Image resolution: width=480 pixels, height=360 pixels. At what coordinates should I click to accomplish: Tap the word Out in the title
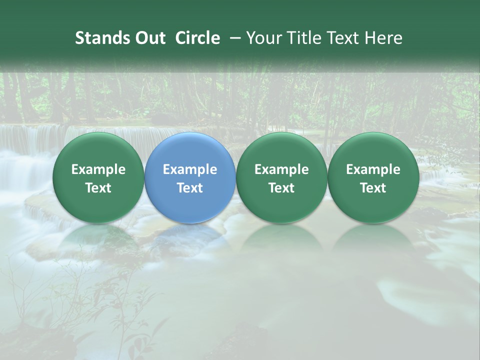point(148,38)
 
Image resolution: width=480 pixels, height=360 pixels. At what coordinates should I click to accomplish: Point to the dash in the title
point(233,38)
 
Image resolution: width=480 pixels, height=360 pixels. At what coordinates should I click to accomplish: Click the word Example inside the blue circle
point(190,169)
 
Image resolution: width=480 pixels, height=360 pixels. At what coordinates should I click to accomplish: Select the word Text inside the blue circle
point(190,188)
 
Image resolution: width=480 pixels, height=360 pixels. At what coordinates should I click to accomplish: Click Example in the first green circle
point(98,169)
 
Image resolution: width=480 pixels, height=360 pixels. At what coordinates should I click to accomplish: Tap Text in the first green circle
point(98,188)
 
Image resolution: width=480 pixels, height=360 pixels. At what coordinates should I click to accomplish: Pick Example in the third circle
point(281,169)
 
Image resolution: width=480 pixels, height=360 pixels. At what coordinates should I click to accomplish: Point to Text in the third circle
point(281,188)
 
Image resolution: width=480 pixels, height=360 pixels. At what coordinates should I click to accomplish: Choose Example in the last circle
point(373,169)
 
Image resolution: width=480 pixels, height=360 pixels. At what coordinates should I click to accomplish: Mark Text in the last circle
point(373,188)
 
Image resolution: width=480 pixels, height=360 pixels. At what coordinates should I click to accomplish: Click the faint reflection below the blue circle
point(190,240)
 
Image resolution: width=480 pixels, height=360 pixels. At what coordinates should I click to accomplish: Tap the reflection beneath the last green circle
point(373,240)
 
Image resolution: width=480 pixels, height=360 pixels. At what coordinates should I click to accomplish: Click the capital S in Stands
point(79,38)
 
